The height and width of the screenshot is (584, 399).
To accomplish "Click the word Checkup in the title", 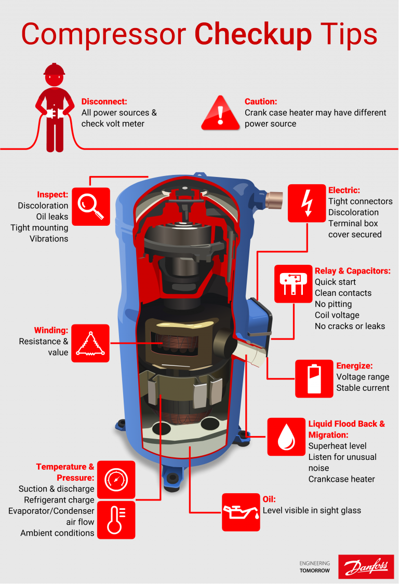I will [253, 34].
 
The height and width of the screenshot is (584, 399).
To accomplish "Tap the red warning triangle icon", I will [221, 114].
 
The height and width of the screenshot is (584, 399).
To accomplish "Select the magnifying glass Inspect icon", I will [91, 206].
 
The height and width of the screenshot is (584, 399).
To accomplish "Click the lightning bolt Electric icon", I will [307, 202].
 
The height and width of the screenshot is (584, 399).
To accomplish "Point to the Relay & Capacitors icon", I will [293, 284].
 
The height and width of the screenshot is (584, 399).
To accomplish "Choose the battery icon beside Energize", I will [314, 378].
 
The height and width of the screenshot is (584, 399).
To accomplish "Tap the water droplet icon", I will [286, 437].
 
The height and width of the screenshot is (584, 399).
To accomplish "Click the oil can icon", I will [241, 512].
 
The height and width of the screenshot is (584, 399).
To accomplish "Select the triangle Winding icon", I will [90, 343].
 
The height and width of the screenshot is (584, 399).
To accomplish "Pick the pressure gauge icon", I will [116, 479].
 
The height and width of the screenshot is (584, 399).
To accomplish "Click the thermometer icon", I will [116, 520].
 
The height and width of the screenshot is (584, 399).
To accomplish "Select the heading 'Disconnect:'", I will [104, 102].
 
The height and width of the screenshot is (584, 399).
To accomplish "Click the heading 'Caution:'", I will [261, 102].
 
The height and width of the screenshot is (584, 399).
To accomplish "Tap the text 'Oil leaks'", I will [52, 216].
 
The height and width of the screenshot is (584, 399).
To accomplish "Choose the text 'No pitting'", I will [333, 304].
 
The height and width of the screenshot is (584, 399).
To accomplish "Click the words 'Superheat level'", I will [337, 446].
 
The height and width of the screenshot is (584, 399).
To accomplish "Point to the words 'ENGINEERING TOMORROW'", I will [314, 566].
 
